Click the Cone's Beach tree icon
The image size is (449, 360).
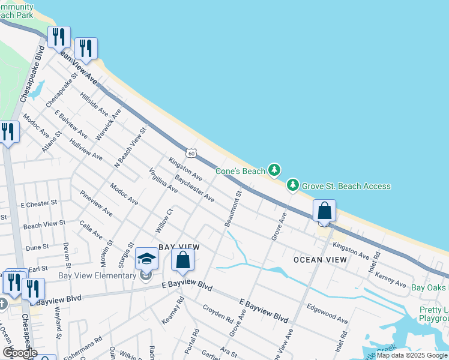274,170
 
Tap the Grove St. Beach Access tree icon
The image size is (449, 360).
293,185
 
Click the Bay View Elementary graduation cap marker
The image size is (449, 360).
146,259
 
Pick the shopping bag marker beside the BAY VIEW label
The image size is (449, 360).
182,260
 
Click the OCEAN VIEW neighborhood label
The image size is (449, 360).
320,260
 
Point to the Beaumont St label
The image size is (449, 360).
233,209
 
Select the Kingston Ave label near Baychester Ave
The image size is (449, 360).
185,169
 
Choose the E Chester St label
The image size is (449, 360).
38,203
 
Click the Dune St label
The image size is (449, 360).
37,247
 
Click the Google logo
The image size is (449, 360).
20,352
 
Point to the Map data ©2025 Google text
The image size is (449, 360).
412,355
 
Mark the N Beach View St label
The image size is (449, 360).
130,148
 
